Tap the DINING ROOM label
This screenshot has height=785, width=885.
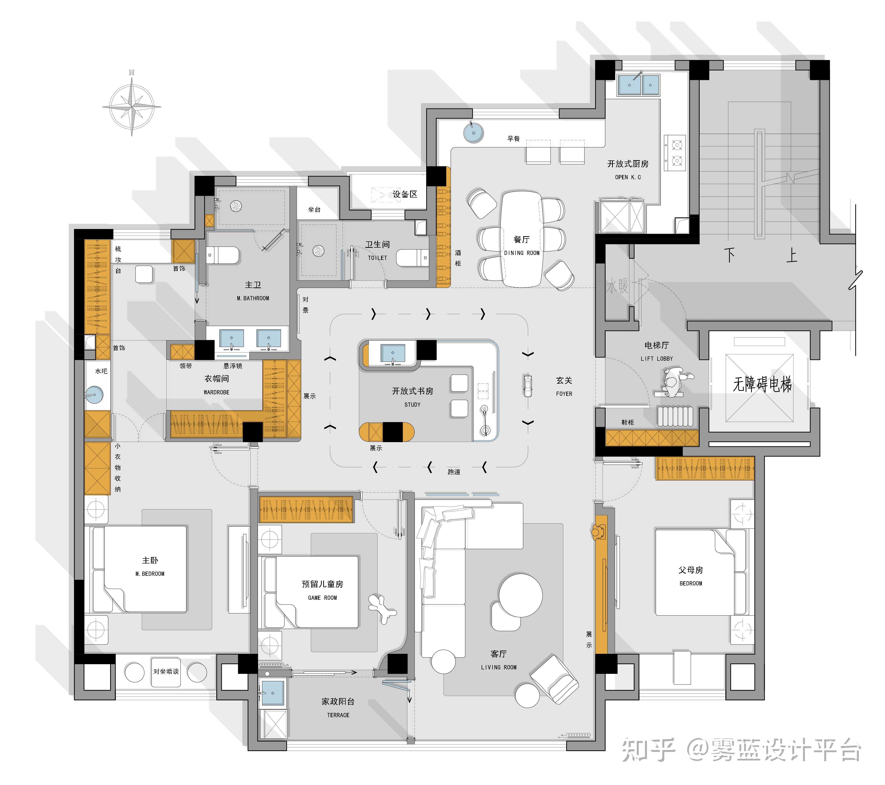[522, 253]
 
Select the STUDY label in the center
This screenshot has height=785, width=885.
[412, 405]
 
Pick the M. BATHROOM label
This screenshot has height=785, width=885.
[253, 298]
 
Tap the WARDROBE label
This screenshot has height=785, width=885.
[217, 392]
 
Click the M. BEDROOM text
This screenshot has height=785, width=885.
[150, 574]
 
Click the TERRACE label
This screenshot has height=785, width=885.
[338, 715]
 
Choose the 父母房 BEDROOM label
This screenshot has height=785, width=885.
[690, 576]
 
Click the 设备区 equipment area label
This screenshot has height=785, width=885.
[405, 194]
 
